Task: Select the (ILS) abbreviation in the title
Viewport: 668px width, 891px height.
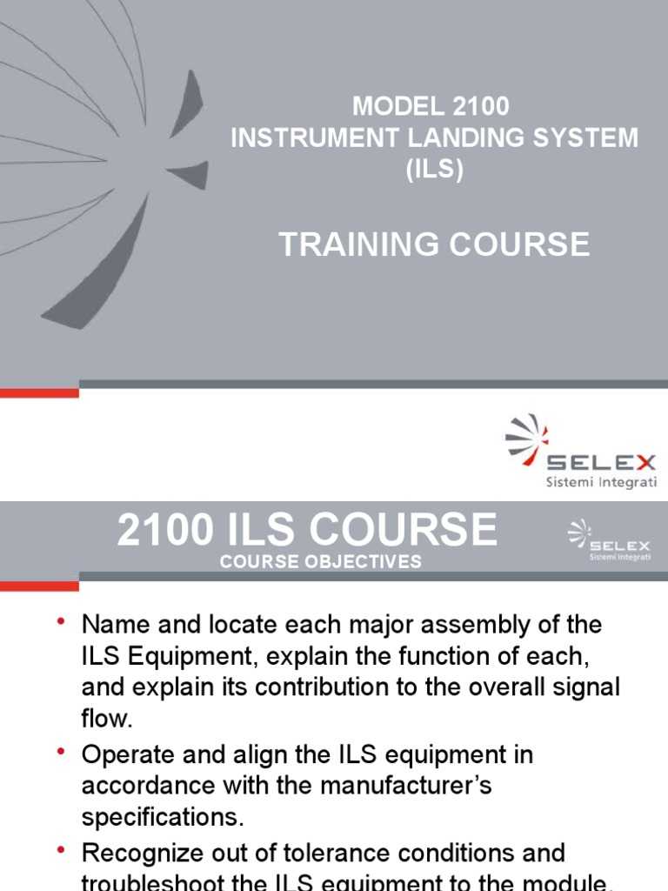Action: [434, 169]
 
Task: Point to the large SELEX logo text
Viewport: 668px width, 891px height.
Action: [601, 462]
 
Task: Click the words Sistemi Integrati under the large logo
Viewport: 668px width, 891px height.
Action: [601, 482]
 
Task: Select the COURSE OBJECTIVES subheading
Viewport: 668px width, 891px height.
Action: [320, 562]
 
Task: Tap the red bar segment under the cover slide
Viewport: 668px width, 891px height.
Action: [39, 392]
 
